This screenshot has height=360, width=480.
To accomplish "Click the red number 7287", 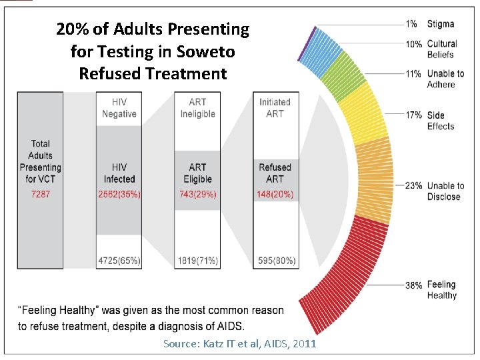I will click(40, 193).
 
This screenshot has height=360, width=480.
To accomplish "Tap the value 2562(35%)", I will click(119, 193).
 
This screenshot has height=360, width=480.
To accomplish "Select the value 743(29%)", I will click(197, 193).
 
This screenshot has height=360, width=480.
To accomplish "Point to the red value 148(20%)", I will click(275, 193).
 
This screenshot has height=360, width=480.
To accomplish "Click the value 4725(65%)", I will click(119, 261).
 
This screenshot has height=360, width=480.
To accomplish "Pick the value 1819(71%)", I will click(197, 261).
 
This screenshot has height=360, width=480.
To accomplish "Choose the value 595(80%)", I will click(275, 261).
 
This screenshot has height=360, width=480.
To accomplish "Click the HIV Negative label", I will click(119, 108).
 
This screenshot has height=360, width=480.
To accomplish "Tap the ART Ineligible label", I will click(197, 108).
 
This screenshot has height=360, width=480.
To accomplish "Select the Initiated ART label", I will click(275, 108).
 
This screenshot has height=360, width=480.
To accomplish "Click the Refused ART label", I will click(275, 173).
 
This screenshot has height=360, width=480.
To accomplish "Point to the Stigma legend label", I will click(441, 24).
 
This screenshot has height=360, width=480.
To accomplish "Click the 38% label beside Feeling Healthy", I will click(413, 285).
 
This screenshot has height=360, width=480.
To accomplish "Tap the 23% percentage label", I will click(413, 186).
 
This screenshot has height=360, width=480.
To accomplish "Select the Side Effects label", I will click(441, 121).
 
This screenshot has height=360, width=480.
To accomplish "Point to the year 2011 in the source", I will click(304, 344).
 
